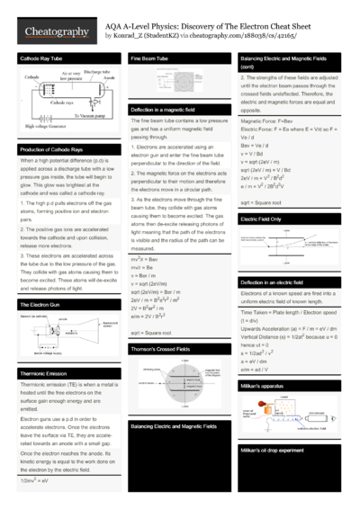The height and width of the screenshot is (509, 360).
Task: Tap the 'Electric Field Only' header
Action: [261, 218]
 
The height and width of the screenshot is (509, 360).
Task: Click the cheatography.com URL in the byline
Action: [238, 36]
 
